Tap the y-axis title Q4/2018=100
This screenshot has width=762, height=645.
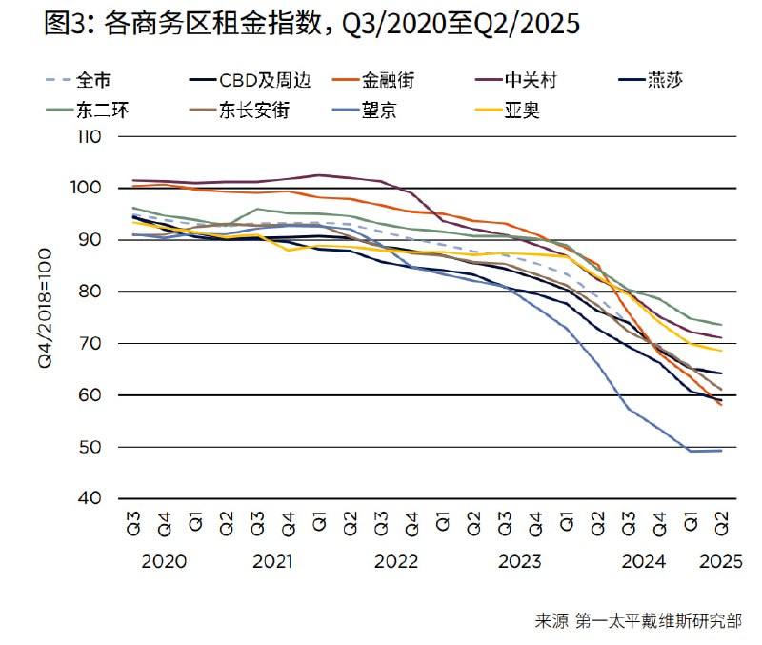(x=46, y=316)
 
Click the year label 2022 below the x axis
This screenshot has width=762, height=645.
(x=396, y=561)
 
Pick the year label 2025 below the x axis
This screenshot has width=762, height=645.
(x=721, y=561)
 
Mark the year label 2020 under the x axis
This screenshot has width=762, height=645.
(x=164, y=561)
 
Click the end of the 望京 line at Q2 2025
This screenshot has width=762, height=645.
(x=720, y=450)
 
